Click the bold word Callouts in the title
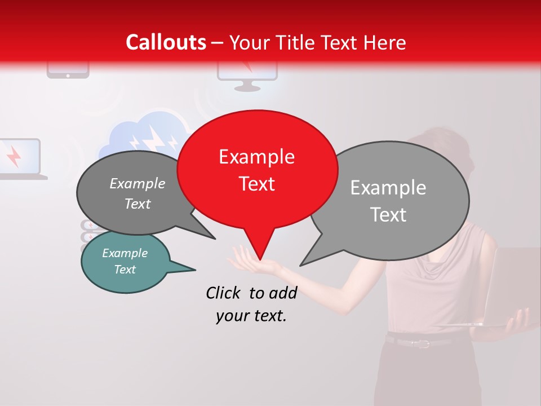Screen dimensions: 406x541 click(x=166, y=42)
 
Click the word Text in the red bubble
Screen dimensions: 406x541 click(x=256, y=184)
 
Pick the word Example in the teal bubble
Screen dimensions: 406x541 click(x=125, y=253)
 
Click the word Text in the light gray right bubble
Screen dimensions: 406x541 click(x=388, y=215)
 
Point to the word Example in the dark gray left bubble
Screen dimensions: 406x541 click(x=137, y=183)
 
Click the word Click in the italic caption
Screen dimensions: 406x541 click(x=224, y=292)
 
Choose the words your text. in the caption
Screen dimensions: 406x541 click(x=251, y=316)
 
